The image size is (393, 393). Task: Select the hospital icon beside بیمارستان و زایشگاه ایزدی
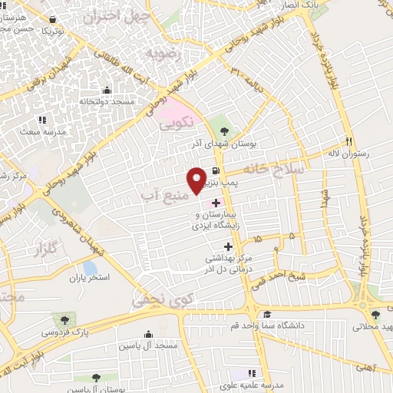[x=216, y=203]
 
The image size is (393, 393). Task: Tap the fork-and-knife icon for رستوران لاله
[x=348, y=141]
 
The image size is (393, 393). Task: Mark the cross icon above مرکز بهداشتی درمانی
[x=228, y=246]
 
